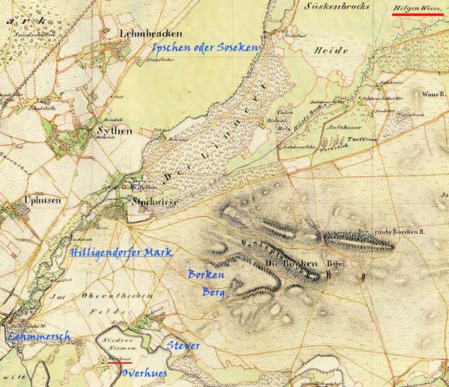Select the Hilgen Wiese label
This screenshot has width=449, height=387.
[x=417, y=7]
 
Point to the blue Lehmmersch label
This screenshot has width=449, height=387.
[x=38, y=337]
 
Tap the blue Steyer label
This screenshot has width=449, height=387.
[x=183, y=346]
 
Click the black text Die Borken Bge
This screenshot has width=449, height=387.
[x=303, y=264]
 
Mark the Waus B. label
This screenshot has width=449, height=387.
[x=433, y=95]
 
